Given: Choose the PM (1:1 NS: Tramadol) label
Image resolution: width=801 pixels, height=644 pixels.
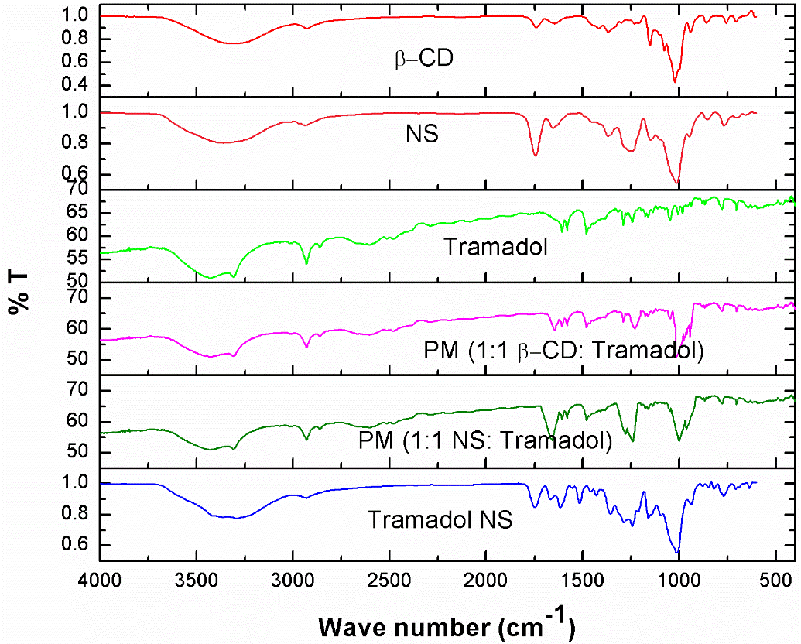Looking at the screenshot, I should tap(485, 442).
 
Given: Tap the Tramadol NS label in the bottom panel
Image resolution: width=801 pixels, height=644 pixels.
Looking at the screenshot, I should tap(440, 519).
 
